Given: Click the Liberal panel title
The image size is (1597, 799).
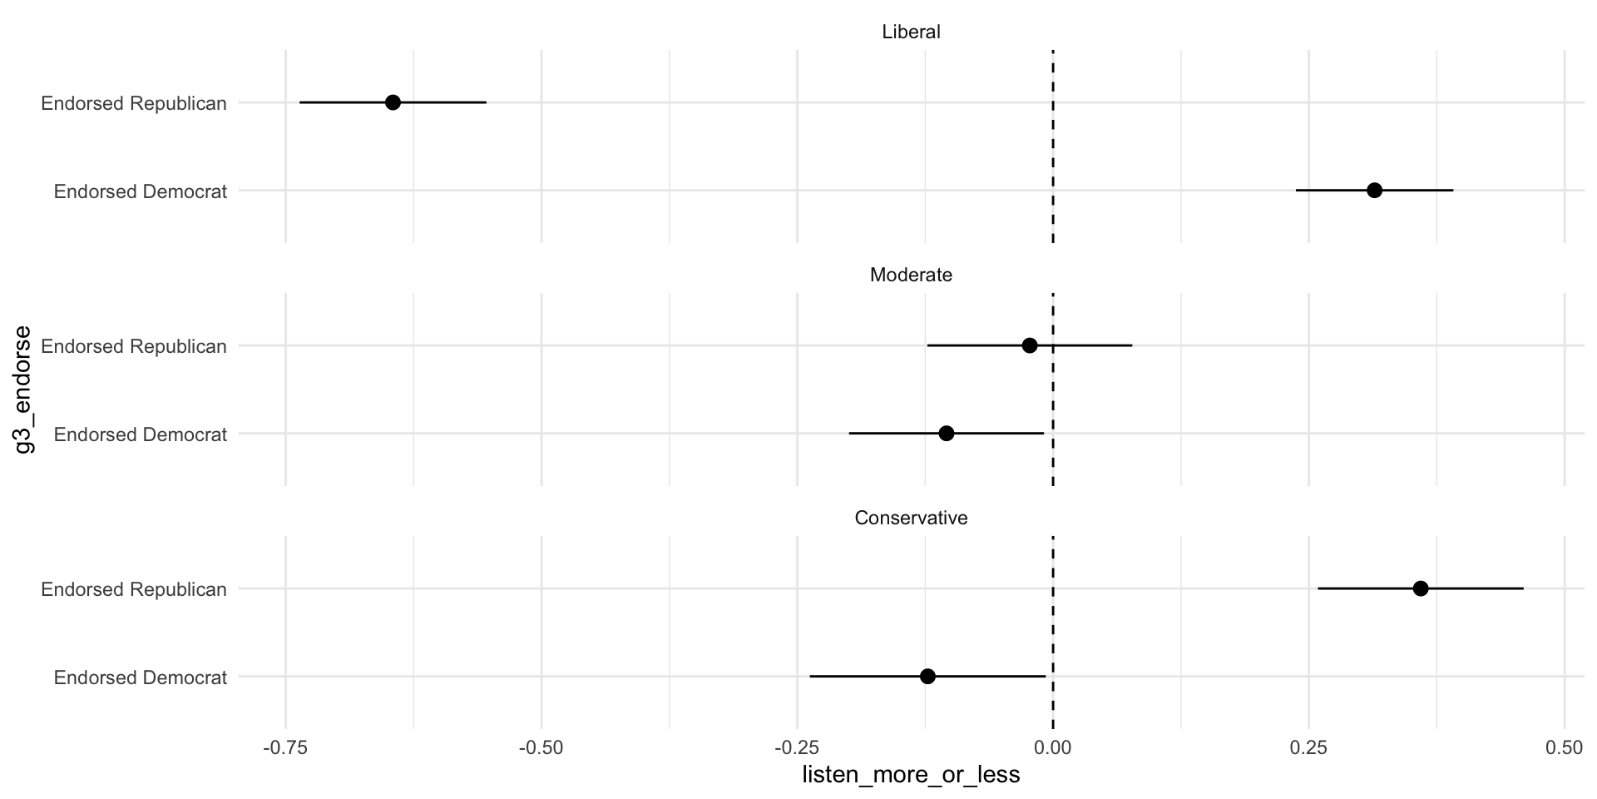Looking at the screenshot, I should coord(911,32).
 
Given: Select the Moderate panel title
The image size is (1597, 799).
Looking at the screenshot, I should coord(911,275).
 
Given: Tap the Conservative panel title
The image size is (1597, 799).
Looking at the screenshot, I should coord(911,518).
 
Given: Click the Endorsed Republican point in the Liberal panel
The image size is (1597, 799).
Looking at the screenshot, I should coord(393,102).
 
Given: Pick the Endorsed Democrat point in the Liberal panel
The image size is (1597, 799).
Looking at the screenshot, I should coord(1374,191).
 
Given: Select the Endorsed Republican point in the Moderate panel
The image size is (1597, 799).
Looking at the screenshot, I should coord(1030,345).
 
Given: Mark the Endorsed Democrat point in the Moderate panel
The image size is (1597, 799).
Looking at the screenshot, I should coord(946,434).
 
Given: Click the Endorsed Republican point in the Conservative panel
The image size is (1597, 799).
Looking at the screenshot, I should coord(1421,588).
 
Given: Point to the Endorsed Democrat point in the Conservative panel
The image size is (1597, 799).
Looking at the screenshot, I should coord(927,677).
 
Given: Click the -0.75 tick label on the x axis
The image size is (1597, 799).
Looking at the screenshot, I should coord(285,748).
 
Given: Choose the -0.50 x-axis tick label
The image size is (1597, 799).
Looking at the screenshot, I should coord(541,748).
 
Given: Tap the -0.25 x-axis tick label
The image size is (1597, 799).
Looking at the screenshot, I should coord(796,748).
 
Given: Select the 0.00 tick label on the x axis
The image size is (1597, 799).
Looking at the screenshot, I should coord(1053,748).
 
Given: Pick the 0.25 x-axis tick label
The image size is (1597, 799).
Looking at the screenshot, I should coord(1308,748).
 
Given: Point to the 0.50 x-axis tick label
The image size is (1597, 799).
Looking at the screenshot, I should coord(1564,748).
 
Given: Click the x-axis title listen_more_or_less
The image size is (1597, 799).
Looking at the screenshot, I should coord(911,776).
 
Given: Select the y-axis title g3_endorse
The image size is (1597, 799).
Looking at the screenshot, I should coord(24,390).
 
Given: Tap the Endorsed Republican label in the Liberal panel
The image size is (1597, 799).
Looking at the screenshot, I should coord(134,103).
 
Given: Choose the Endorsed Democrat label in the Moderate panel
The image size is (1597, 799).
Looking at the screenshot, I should coord(141,434).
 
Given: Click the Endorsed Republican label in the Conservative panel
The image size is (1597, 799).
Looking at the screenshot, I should coord(134,589).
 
